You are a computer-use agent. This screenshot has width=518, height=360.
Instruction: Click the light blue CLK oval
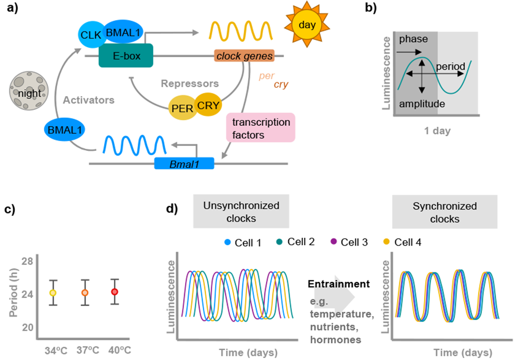89,36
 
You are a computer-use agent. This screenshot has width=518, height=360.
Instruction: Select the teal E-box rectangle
126,56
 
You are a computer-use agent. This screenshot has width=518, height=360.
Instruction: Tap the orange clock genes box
243,56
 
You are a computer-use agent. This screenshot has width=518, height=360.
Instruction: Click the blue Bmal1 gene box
184,163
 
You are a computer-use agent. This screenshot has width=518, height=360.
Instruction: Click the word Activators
88,100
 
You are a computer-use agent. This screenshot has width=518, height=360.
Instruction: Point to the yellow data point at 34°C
53,292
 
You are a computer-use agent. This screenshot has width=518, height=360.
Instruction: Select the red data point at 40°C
114,291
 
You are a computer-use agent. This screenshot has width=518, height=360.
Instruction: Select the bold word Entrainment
338,284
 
